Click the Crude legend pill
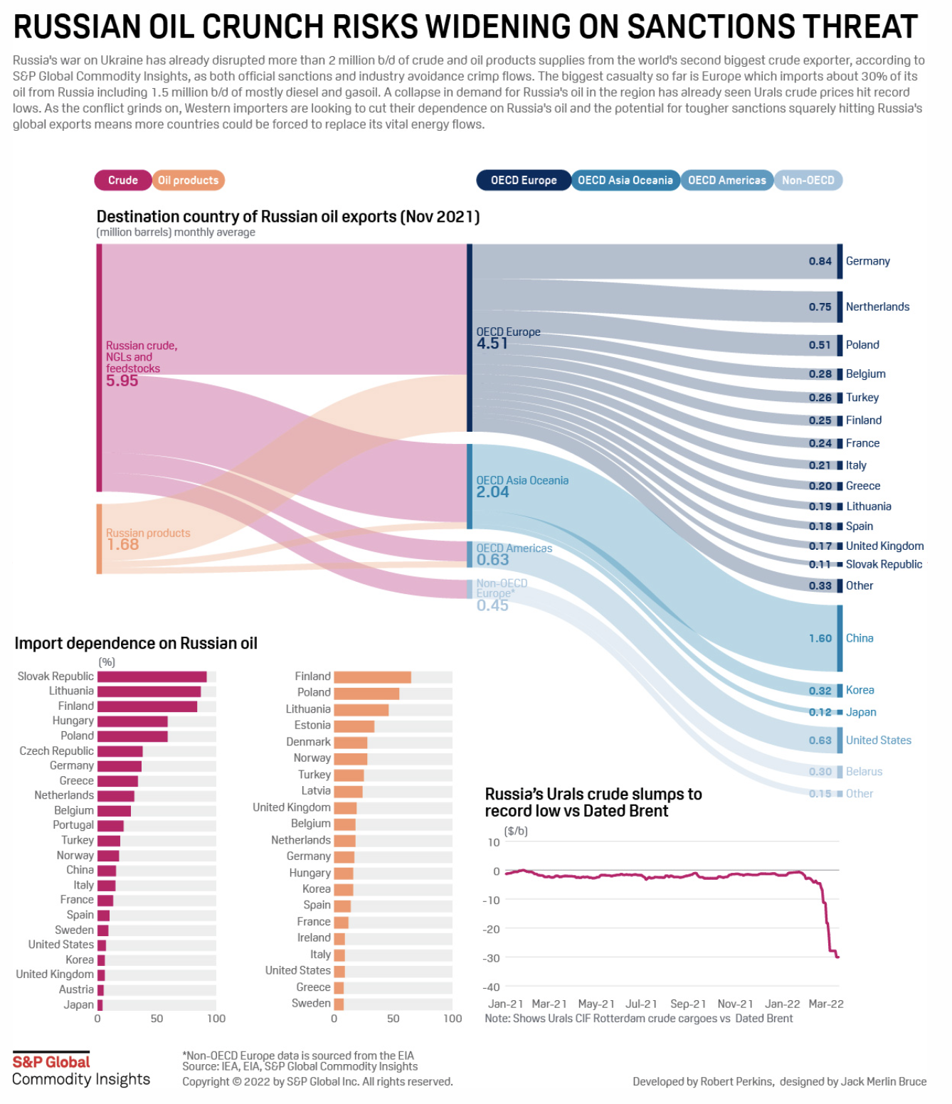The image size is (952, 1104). coord(122,181)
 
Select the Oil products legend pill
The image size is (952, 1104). coord(188,181)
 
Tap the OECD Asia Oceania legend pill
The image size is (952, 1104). coord(625,181)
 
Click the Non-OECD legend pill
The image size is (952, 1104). coord(808,181)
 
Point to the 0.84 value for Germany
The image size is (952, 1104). coord(820,262)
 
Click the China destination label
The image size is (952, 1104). coord(859,639)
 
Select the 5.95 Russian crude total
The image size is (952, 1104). coord(122,381)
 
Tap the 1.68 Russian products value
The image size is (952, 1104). coord(122,545)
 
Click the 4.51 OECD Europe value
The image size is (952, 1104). coord(492,344)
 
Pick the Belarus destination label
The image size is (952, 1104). coord(864,772)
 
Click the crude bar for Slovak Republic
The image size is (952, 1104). coord(152,677)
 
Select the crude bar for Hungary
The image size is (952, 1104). coord(132,721)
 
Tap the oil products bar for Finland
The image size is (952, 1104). coord(372,677)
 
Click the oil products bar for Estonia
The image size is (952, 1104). coord(354,726)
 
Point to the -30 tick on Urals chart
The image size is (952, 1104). coord(491,958)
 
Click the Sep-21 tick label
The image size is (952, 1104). coord(688,1004)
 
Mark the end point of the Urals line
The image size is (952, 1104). coord(838,957)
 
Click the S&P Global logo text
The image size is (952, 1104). coord(51,1062)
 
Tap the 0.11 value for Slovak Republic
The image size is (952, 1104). coord(820,565)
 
